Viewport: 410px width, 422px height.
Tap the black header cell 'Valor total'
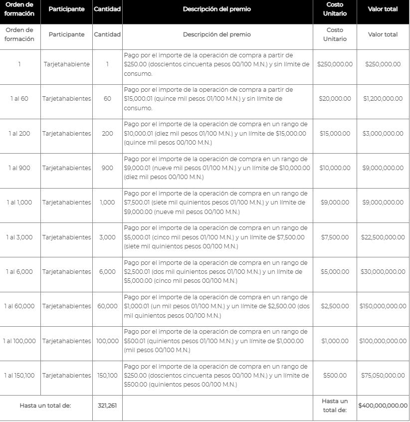[x=383, y=9]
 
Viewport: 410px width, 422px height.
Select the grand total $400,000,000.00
[x=383, y=406]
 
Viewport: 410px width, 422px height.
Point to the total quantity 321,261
[x=107, y=406]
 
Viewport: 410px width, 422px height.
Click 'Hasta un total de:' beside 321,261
[x=45, y=406]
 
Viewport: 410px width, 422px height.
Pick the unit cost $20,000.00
[x=335, y=99]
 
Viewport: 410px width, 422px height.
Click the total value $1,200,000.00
[x=383, y=99]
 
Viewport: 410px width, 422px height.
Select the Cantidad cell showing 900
[x=107, y=168]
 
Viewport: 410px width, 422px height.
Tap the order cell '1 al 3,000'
[x=19, y=237]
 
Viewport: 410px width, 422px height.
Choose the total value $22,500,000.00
[x=383, y=237]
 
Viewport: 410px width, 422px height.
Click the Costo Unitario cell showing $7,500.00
[x=335, y=237]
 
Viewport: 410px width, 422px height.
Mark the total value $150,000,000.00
[x=383, y=306]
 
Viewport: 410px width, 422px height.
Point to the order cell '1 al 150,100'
[x=19, y=376]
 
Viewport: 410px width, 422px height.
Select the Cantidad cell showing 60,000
[x=107, y=306]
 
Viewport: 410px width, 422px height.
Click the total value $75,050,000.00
[x=383, y=376]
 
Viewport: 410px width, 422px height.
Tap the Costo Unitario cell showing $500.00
[x=335, y=376]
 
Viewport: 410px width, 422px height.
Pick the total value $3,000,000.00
[x=383, y=134]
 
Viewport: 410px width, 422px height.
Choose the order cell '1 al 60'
[x=19, y=99]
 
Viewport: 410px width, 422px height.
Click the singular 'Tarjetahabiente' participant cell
[x=66, y=64]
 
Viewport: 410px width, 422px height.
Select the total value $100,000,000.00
[x=383, y=341]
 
